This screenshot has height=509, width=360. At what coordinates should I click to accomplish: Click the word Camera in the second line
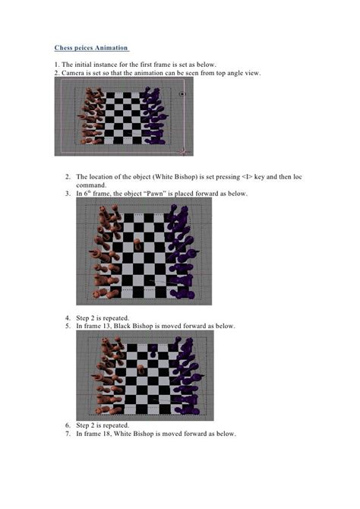click(x=72, y=73)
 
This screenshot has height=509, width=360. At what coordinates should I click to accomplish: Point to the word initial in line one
click(x=83, y=65)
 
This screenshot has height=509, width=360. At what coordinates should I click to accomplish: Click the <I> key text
click(x=247, y=177)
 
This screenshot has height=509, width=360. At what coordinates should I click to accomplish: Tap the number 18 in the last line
click(x=107, y=434)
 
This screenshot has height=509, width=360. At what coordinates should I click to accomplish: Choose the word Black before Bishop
click(x=122, y=326)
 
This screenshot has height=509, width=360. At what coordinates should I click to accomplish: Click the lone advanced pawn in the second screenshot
click(x=137, y=245)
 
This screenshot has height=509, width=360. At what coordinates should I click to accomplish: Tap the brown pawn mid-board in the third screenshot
click(x=141, y=370)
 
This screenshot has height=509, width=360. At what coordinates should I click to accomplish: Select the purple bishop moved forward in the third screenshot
click(x=153, y=351)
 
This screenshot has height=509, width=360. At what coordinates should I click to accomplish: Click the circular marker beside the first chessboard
click(x=182, y=94)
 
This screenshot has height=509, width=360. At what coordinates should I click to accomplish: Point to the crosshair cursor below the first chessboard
click(x=183, y=151)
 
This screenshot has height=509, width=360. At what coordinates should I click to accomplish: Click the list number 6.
click(x=68, y=425)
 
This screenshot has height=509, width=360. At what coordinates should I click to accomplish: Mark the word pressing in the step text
click(x=228, y=177)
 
